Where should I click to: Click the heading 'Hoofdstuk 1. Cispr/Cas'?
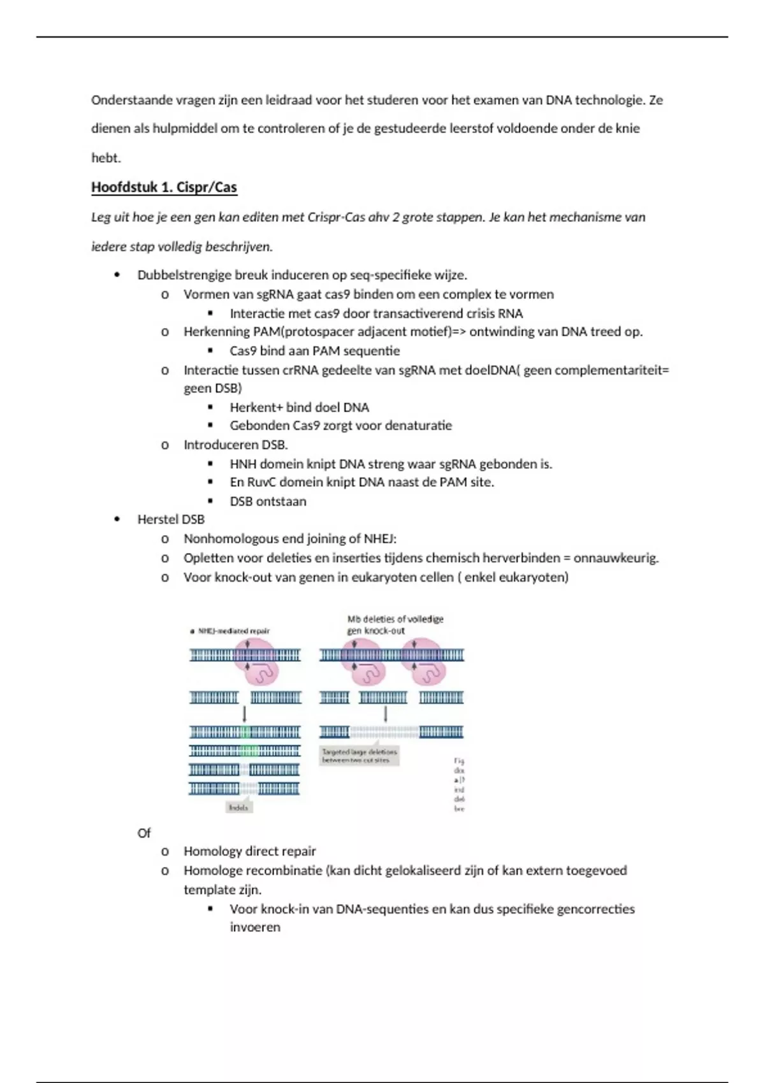[x=164, y=187]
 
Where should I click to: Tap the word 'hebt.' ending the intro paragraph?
[x=106, y=158]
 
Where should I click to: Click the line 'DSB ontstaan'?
[x=268, y=501]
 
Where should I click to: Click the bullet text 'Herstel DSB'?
[x=171, y=519]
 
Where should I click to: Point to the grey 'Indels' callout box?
[x=238, y=808]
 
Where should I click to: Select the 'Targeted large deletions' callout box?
[x=360, y=756]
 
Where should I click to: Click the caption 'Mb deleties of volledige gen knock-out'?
[x=395, y=625]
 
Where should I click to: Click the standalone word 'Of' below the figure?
[x=144, y=833]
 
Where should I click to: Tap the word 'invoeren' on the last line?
[x=255, y=928]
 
